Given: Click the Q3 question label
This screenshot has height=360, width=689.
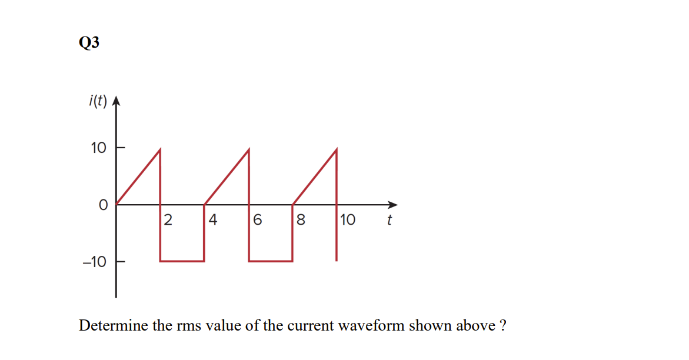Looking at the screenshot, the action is click(x=88, y=43).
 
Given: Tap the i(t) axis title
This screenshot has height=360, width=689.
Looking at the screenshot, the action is click(x=97, y=102).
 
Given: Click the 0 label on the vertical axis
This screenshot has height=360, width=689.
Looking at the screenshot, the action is click(x=103, y=205).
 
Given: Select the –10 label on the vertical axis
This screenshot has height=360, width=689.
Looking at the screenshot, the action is click(x=95, y=262).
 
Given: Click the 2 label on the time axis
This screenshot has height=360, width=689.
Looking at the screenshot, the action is click(x=168, y=221).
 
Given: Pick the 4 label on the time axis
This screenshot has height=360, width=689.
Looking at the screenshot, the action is click(x=212, y=221).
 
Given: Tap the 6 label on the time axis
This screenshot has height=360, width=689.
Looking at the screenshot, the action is click(x=257, y=221).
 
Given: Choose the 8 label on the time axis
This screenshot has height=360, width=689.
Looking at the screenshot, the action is click(x=301, y=221).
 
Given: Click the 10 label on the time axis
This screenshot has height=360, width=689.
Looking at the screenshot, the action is click(x=347, y=221).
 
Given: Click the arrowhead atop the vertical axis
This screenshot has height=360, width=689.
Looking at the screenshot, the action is click(x=115, y=101).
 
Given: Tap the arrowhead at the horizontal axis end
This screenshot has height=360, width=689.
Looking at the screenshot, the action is click(x=393, y=205).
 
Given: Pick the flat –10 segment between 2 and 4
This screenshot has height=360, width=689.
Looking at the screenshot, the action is click(x=182, y=261).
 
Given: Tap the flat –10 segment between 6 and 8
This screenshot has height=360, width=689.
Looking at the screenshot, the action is click(x=271, y=261).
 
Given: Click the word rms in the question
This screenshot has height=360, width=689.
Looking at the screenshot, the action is click(x=187, y=326).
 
